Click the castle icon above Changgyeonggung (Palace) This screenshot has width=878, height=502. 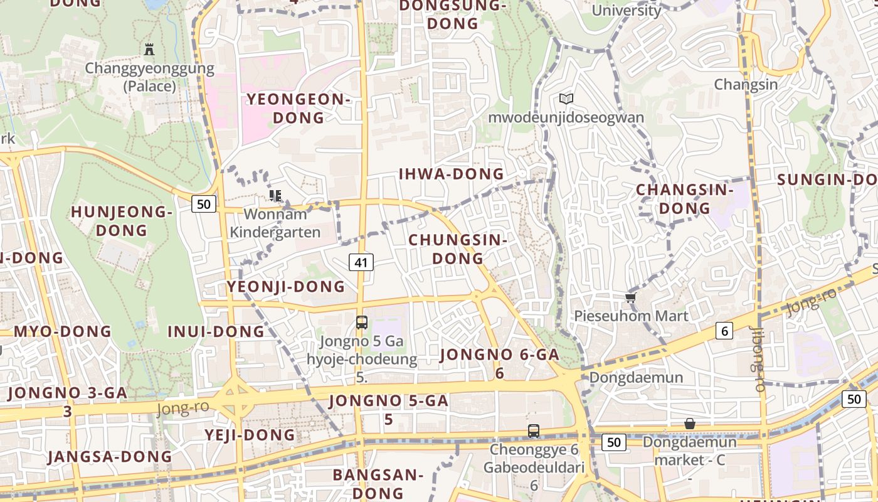click(149, 49)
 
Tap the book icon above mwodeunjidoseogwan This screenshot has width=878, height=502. click(566, 99)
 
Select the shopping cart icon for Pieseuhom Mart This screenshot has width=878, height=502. click(631, 297)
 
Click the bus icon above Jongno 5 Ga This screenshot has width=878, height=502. click(362, 323)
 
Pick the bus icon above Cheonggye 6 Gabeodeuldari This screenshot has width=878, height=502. click(534, 431)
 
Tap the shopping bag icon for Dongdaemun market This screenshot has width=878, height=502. click(690, 424)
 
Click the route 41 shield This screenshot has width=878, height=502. click(361, 262)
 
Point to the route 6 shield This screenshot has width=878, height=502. click(724, 331)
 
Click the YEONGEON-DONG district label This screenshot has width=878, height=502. click(297, 108)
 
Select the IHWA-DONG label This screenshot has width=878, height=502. click(452, 174)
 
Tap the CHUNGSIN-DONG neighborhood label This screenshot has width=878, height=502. click(458, 248)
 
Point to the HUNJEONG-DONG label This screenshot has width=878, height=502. click(122, 221)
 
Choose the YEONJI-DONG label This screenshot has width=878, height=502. click(286, 287)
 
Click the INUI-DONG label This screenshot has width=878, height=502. click(216, 331)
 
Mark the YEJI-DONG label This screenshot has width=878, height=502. click(250, 435)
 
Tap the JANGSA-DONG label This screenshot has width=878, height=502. click(110, 457)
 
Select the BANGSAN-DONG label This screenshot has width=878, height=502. click(378, 483)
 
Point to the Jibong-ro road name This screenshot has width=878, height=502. click(759, 354)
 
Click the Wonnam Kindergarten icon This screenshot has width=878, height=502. click(275, 196)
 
